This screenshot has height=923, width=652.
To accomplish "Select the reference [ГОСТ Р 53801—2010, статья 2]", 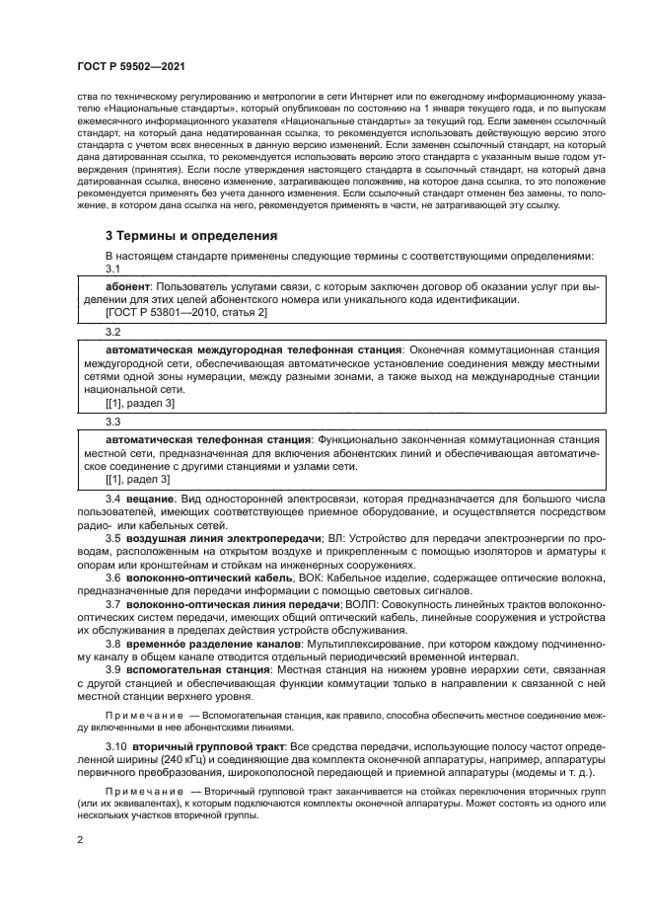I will point(185,312).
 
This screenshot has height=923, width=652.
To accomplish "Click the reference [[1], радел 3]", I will point(137,479).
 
